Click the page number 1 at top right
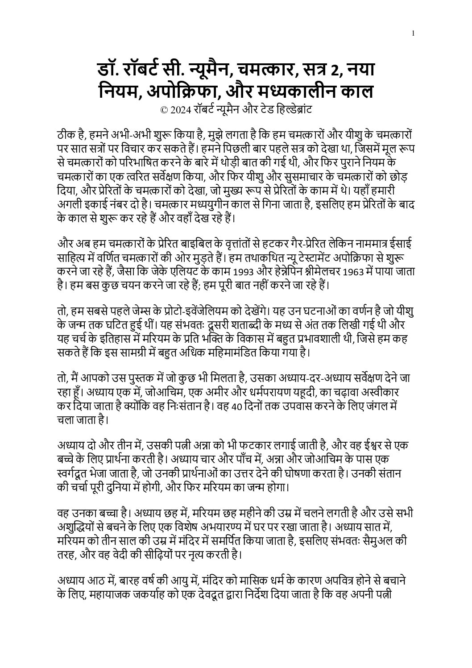coord(414,33)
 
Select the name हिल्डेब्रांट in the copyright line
coord(293,109)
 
